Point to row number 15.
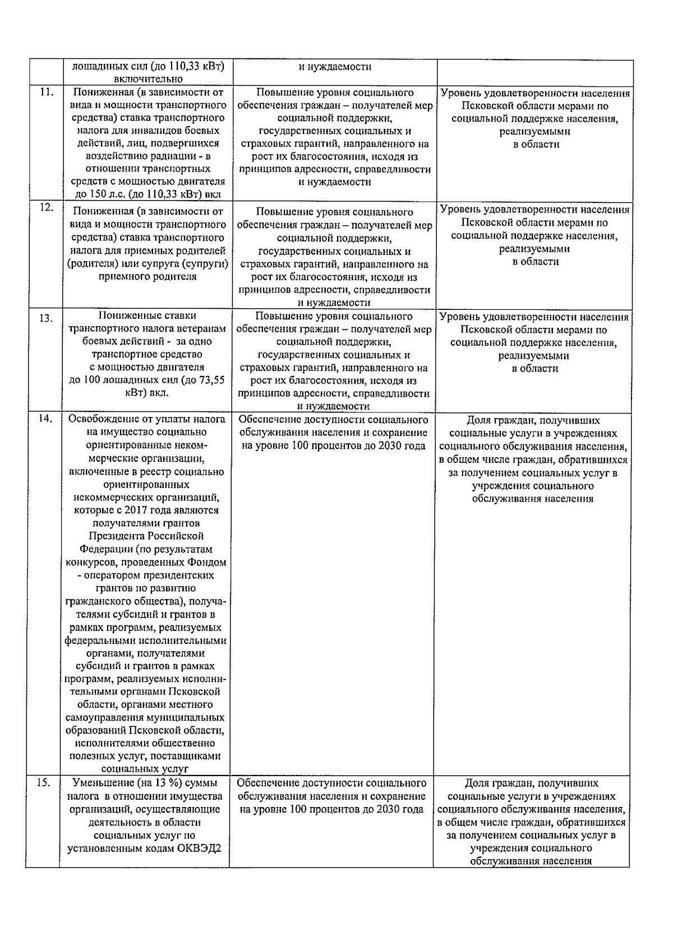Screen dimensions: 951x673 (44, 783)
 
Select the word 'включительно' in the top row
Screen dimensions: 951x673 (147, 79)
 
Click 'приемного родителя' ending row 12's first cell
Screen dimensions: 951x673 (147, 276)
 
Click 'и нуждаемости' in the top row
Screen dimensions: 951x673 (334, 67)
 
